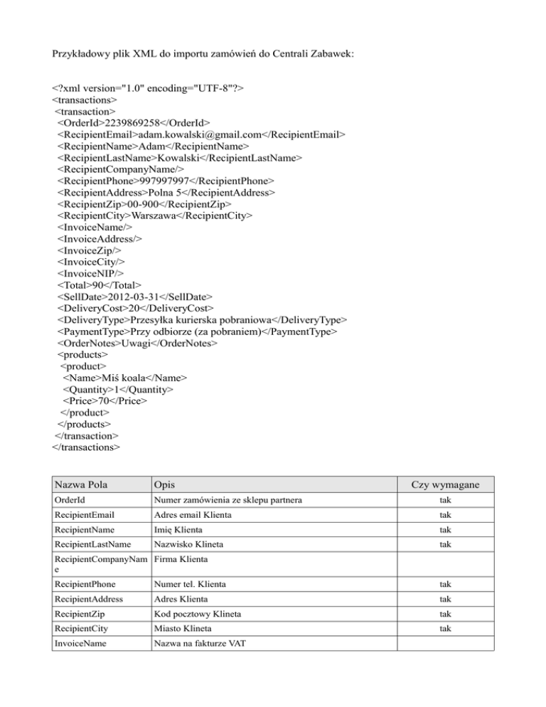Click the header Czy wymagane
(443, 485)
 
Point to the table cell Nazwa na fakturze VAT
(201, 644)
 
